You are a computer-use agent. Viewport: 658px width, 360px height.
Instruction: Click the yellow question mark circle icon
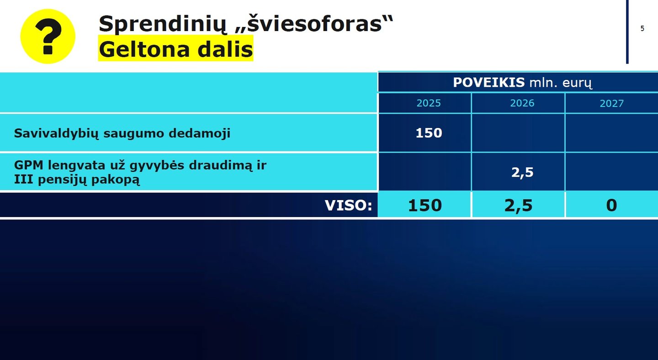tap(48, 37)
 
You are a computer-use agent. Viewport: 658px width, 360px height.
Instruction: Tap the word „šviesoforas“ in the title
tap(314, 23)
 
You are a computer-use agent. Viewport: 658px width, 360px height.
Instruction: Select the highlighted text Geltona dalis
tap(175, 48)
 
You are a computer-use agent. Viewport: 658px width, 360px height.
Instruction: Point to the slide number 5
tap(642, 28)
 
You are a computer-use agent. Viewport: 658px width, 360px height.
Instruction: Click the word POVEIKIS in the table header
tap(489, 83)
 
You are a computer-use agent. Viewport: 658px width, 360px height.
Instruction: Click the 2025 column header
tap(429, 103)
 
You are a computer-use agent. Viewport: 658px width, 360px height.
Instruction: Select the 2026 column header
tap(522, 103)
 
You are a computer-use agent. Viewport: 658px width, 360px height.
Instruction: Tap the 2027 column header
tap(611, 103)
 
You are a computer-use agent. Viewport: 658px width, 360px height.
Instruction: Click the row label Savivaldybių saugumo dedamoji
tap(122, 133)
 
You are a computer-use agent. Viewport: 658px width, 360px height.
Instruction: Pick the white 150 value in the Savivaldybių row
tap(429, 133)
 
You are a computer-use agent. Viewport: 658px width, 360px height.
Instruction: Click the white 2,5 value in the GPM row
tap(522, 172)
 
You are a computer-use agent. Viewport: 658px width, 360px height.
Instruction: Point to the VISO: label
tap(348, 205)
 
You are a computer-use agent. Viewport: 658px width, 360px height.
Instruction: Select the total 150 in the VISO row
tap(425, 205)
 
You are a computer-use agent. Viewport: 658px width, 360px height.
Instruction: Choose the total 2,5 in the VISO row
tap(519, 205)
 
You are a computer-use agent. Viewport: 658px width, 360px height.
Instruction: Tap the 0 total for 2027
tap(611, 205)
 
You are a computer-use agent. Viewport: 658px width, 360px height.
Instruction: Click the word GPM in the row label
tap(29, 165)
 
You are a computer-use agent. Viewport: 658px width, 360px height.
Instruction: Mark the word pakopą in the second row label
tap(116, 180)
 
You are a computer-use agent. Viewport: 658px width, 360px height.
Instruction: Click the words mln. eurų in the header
tap(561, 83)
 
